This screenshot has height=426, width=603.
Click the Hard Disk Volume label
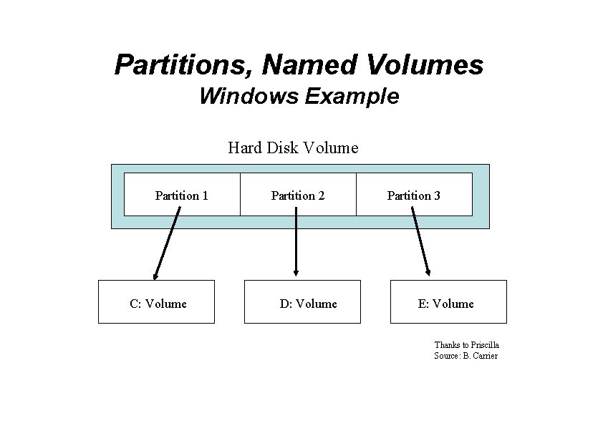pyautogui.click(x=293, y=148)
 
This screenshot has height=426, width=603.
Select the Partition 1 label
pyautogui.click(x=182, y=195)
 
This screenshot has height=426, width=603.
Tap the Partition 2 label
pyautogui.click(x=298, y=195)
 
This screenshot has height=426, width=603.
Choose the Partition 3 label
pyautogui.click(x=414, y=195)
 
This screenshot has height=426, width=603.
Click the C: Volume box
pyautogui.click(x=156, y=302)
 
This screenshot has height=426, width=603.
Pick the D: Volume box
pyautogui.click(x=302, y=302)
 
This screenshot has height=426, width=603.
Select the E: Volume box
pyautogui.click(x=448, y=302)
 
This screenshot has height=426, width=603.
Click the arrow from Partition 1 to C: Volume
pyautogui.click(x=167, y=240)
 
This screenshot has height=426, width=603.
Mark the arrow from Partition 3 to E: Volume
pyautogui.click(x=420, y=240)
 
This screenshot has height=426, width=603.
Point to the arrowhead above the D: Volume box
pyautogui.click(x=296, y=271)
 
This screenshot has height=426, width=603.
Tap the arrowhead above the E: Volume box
pyautogui.click(x=428, y=271)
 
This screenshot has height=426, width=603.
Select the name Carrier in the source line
pyautogui.click(x=486, y=356)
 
